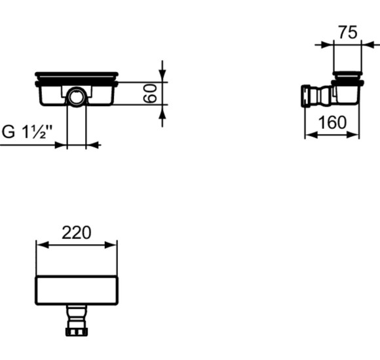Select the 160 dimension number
coord(332,122)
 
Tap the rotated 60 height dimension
coord(151,94)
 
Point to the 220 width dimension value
coord(77,232)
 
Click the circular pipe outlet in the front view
coord(77,98)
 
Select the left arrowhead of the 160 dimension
coord(309,134)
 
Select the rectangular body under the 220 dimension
coord(77,290)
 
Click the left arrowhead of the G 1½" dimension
coord(63,145)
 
